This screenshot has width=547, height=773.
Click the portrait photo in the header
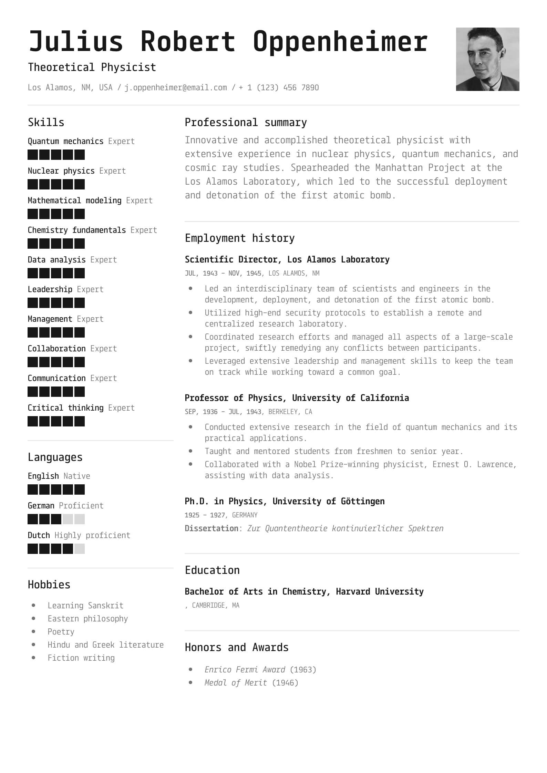click(x=487, y=59)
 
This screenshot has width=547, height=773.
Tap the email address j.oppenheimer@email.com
click(x=176, y=87)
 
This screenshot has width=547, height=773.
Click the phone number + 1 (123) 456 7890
click(x=279, y=87)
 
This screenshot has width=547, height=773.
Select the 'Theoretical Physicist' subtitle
click(x=92, y=67)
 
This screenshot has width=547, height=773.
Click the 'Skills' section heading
click(x=46, y=122)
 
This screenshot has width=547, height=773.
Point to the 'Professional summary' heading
click(x=246, y=122)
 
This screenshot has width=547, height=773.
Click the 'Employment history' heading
click(x=240, y=238)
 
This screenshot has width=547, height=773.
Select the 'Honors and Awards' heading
click(x=237, y=647)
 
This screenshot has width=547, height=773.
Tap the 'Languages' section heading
click(x=55, y=457)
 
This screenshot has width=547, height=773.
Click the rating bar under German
click(x=56, y=519)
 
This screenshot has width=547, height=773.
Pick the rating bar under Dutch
click(x=56, y=549)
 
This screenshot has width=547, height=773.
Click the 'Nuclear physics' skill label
click(x=61, y=171)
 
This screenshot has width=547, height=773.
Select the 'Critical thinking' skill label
click(x=65, y=408)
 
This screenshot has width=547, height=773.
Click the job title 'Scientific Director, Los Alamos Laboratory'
click(x=287, y=259)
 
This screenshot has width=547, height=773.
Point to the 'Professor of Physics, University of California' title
click(x=297, y=398)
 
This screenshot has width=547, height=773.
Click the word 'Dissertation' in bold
click(x=211, y=528)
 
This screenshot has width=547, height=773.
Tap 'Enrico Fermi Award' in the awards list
click(x=245, y=669)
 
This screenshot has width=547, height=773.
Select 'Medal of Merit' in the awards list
click(x=236, y=682)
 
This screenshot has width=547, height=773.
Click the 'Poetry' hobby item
click(x=61, y=631)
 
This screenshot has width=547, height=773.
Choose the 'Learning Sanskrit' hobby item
click(x=85, y=605)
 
